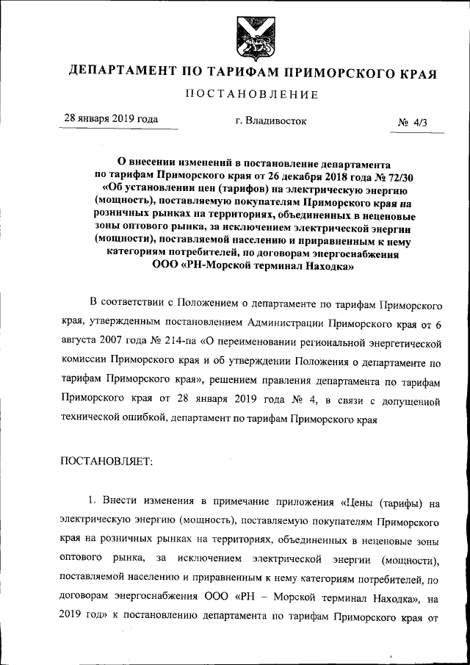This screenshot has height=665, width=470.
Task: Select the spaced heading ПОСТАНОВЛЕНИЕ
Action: pos(251,94)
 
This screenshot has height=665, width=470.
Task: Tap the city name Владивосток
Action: pos(271,121)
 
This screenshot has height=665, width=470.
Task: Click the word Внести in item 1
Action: pos(120,503)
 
